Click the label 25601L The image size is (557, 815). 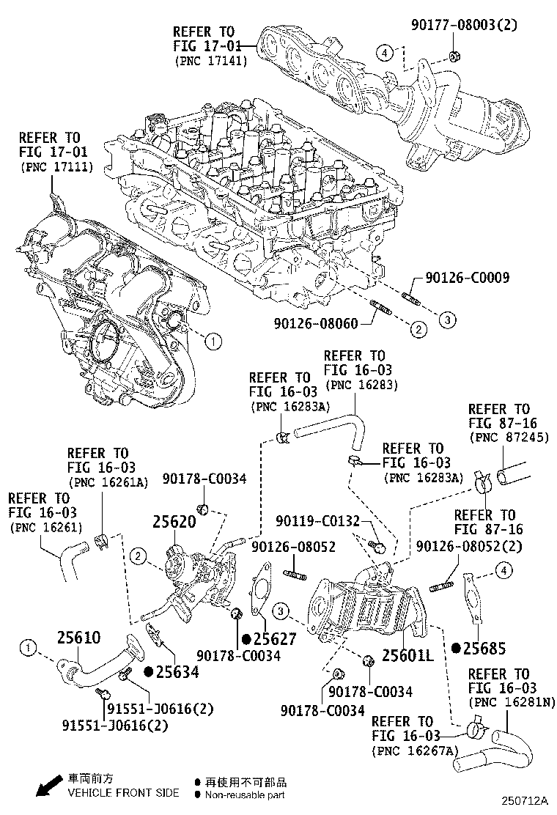(409, 655)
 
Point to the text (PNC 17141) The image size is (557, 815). (210, 62)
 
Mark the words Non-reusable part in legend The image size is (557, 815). (245, 794)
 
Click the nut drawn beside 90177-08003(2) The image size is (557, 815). (454, 56)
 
